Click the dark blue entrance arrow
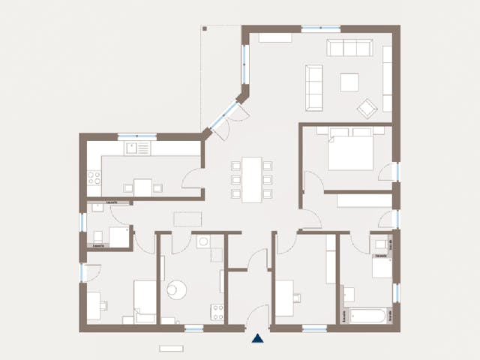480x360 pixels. coord(258,338)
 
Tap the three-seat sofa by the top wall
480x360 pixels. coord(349,48)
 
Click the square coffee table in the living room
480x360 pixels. coord(349,82)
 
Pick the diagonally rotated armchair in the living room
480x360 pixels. coord(367,109)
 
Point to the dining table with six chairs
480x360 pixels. coord(252,178)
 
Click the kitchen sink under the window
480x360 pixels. coord(137,148)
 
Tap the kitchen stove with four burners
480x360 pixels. coord(94,178)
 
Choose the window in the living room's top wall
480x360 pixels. coord(320,29)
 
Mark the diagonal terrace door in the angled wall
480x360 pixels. coord(224,117)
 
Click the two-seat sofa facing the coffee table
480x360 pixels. coord(314,86)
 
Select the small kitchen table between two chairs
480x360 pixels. coord(142,187)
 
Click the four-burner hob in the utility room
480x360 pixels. coord(217,312)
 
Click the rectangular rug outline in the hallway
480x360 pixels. coord(187,219)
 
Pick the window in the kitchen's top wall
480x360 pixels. coord(137,136)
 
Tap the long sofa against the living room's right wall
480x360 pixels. coord(387,79)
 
